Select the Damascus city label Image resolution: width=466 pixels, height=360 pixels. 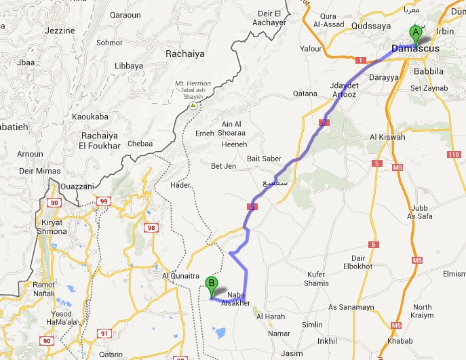click(x=416, y=49)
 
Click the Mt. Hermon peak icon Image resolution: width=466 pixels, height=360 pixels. click(x=193, y=105)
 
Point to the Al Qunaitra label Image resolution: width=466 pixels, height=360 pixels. click(x=178, y=276)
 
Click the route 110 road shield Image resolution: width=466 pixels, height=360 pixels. click(x=454, y=155)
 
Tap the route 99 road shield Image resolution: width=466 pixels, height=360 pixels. click(x=104, y=201)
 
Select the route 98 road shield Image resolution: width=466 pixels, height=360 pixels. click(x=151, y=228)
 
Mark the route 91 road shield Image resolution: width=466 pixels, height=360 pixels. click(x=104, y=333)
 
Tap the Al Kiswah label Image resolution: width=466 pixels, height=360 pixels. click(x=387, y=137)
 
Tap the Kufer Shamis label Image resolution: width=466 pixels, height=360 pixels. click(x=316, y=279)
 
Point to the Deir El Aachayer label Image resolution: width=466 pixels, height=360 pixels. click(x=270, y=18)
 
